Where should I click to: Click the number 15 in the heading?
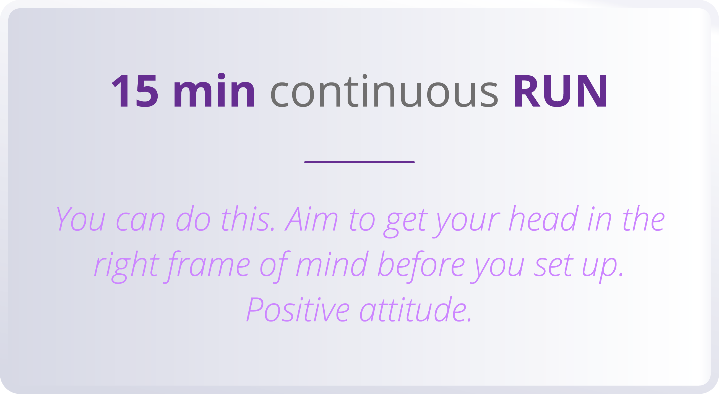(x=135, y=91)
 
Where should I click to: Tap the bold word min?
(x=214, y=91)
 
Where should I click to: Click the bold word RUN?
(x=560, y=91)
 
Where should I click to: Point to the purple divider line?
(x=359, y=162)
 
